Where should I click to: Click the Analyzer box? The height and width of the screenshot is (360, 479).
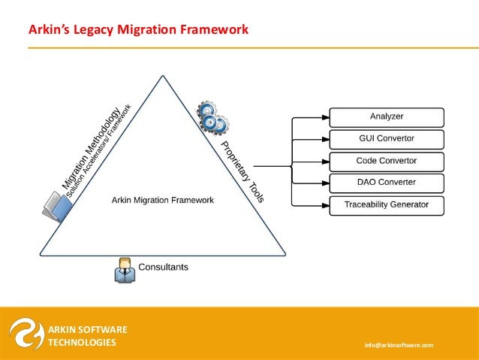387,117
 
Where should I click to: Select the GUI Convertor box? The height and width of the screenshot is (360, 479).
387,139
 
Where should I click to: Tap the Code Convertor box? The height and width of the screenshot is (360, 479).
387,161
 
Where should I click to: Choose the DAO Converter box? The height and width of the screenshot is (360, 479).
387,183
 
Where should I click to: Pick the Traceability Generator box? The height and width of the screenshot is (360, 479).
387,204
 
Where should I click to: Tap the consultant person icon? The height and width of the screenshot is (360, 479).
125,270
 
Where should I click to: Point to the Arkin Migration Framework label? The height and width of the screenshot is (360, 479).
163,200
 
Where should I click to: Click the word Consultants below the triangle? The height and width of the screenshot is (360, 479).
164,267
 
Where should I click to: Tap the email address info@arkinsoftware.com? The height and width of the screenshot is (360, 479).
399,344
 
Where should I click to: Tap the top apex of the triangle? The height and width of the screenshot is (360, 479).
162,75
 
